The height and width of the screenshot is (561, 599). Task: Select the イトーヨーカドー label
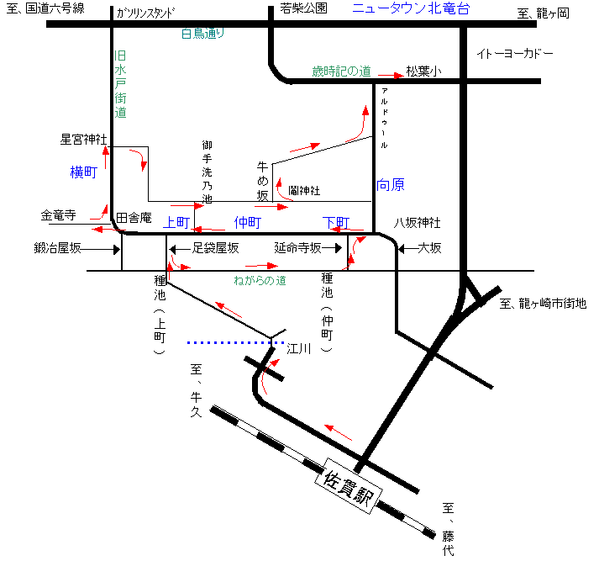[515, 54]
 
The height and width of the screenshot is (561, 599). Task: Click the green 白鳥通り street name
[204, 34]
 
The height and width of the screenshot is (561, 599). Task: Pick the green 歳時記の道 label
[341, 71]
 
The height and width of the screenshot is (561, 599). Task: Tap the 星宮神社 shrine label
[83, 139]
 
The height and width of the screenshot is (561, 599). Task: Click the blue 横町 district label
[85, 172]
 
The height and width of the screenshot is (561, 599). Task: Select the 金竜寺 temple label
[59, 215]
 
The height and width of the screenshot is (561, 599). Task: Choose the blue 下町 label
[336, 222]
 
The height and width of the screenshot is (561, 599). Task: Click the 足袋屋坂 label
[216, 248]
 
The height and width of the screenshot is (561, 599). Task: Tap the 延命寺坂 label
[298, 248]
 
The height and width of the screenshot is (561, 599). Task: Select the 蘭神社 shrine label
[304, 190]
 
